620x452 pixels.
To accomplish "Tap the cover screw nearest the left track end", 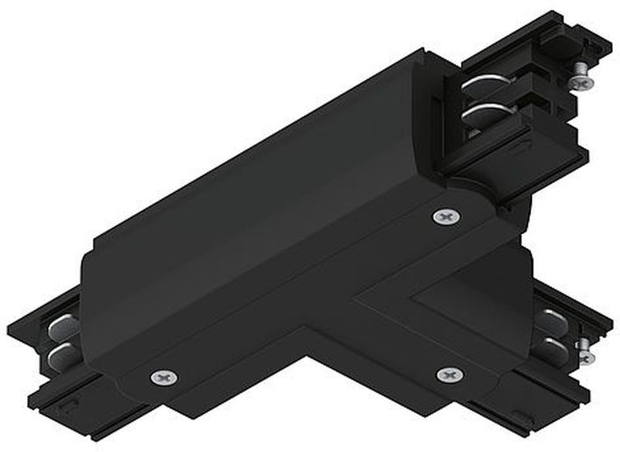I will point(164,377).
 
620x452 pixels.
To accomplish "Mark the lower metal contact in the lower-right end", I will point(550,345).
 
